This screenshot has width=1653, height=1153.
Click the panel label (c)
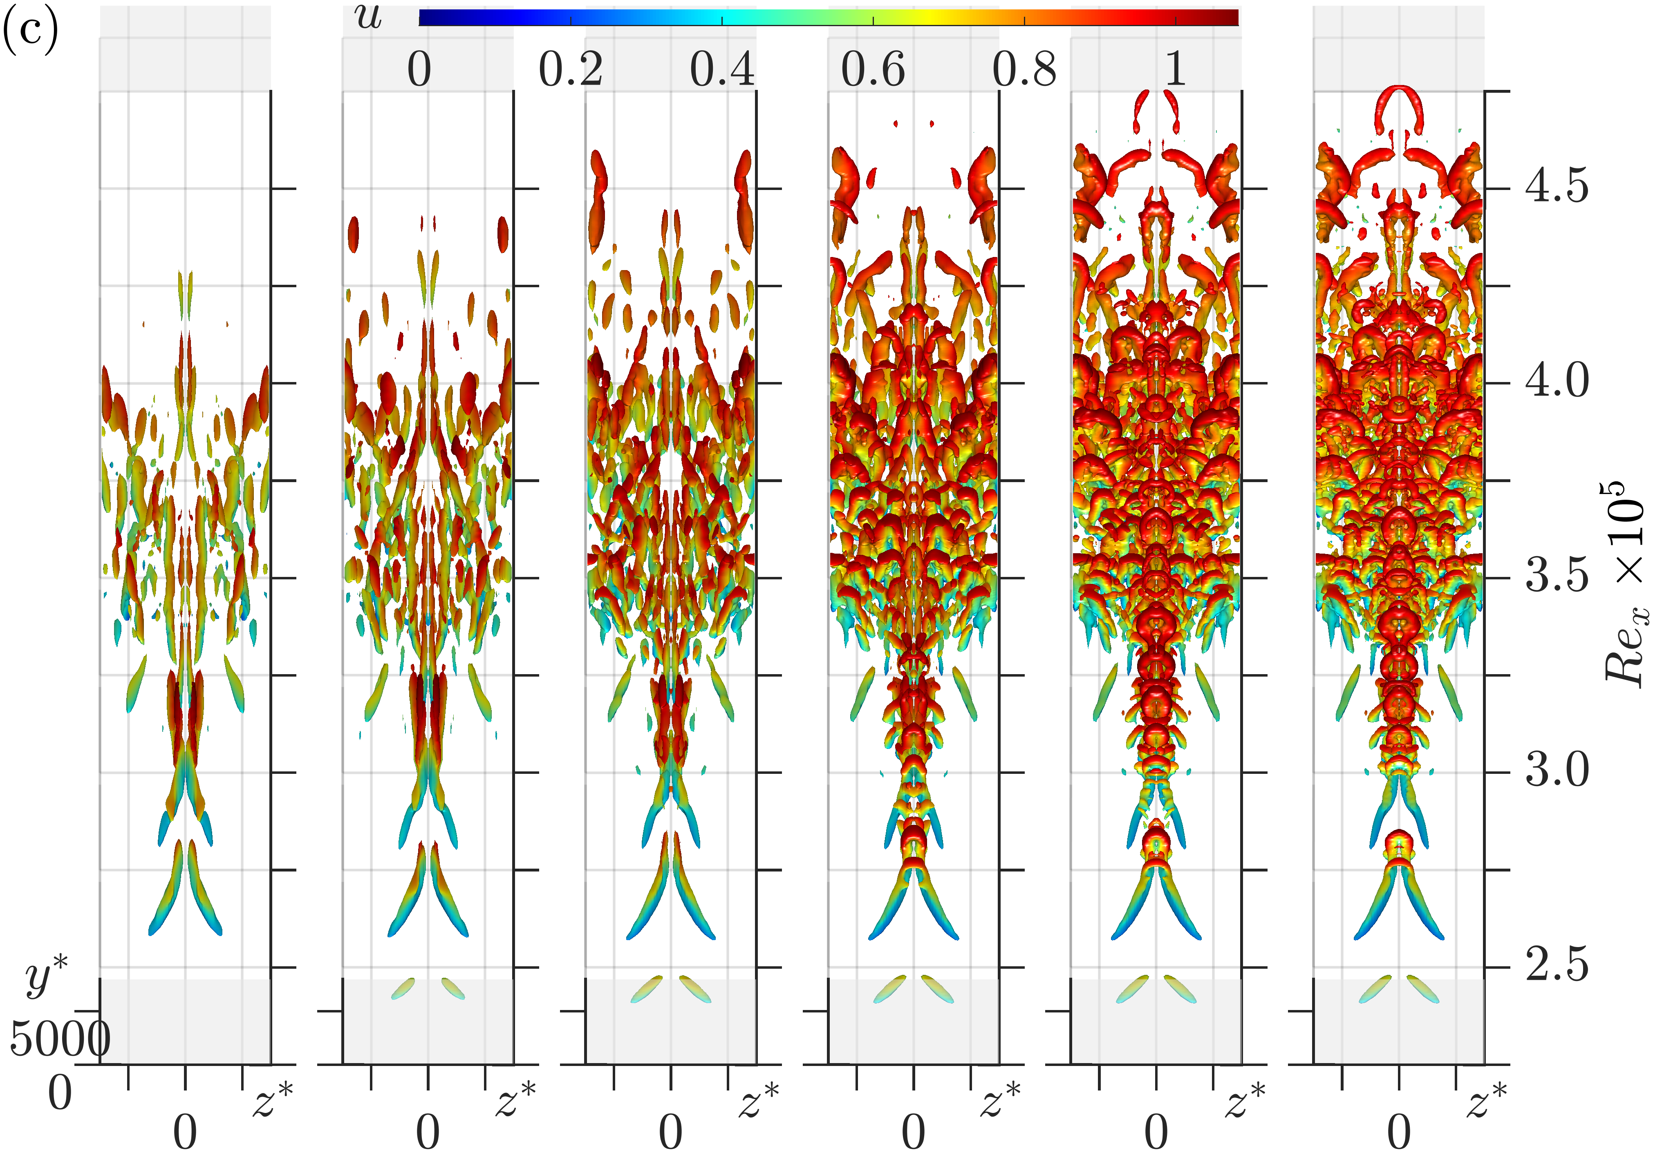(x=30, y=30)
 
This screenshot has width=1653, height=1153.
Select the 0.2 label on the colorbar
(x=571, y=70)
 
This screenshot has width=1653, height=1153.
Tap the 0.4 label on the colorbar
(x=722, y=70)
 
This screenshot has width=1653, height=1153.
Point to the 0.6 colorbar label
(x=873, y=70)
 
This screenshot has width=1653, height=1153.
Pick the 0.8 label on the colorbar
(x=1024, y=70)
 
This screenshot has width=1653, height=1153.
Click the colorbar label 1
(x=1175, y=70)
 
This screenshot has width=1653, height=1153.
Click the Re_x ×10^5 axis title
(x=1626, y=583)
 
